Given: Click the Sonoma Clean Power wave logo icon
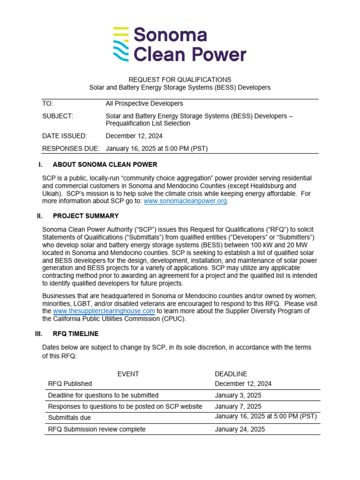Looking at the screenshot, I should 120,44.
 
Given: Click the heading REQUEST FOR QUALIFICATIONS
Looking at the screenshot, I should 180,80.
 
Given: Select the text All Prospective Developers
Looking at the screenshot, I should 144,104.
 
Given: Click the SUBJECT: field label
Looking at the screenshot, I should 58,116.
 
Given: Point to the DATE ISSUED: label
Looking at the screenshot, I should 65,136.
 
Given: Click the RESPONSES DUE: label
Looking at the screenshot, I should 71,149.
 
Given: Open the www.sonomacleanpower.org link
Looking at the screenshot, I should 185,201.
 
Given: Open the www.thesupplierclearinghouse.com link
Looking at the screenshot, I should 104,311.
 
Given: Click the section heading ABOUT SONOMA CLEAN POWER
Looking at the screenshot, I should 105,165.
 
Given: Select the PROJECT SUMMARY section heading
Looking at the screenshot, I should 86,216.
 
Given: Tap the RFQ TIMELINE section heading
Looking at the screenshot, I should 76,334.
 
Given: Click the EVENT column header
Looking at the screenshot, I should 128,374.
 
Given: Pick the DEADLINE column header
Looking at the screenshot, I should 231,374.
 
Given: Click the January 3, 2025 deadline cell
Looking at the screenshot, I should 238,395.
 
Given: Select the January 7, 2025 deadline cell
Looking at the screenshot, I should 238,406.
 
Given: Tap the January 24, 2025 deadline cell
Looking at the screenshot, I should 240,429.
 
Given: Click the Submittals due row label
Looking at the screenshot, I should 69,417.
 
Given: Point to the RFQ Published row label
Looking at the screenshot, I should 70,383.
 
